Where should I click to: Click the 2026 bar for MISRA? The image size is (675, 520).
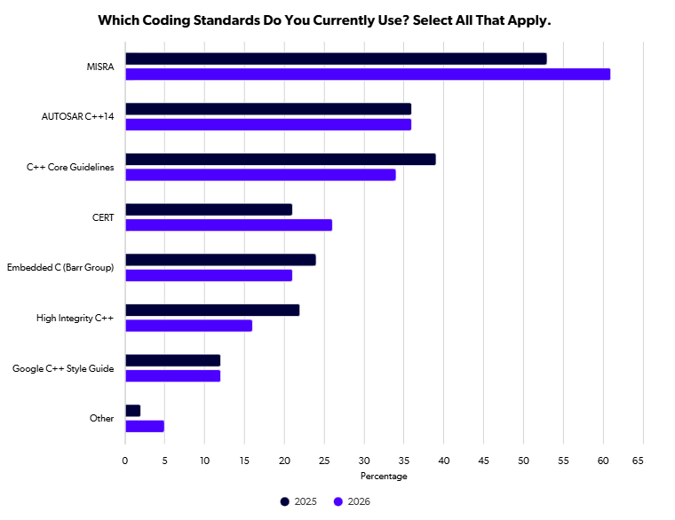click(x=368, y=75)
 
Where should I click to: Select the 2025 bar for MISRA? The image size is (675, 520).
click(x=336, y=59)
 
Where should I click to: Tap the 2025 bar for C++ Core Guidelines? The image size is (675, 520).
click(x=281, y=159)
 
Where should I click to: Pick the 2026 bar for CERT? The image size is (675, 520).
click(x=228, y=225)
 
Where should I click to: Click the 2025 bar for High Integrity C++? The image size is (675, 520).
click(x=212, y=310)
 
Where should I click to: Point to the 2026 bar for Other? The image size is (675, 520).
click(x=145, y=426)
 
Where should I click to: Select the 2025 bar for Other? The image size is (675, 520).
click(x=132, y=411)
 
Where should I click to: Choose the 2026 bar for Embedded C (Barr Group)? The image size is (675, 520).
click(x=209, y=275)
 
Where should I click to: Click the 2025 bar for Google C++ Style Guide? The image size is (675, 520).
click(x=172, y=360)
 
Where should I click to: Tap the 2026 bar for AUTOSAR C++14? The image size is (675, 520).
click(x=268, y=125)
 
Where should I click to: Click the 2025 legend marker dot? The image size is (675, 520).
click(x=284, y=501)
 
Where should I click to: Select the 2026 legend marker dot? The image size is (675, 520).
click(x=337, y=501)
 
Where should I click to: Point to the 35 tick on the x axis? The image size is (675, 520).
click(x=404, y=461)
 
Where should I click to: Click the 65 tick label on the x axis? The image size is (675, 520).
click(x=638, y=461)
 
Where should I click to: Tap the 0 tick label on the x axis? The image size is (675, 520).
click(x=125, y=461)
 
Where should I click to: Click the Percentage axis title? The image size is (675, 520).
click(x=384, y=477)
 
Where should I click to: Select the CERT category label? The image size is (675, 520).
click(x=103, y=217)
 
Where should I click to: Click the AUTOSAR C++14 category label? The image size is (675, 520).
click(x=77, y=116)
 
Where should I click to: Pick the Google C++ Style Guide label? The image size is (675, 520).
click(x=63, y=368)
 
